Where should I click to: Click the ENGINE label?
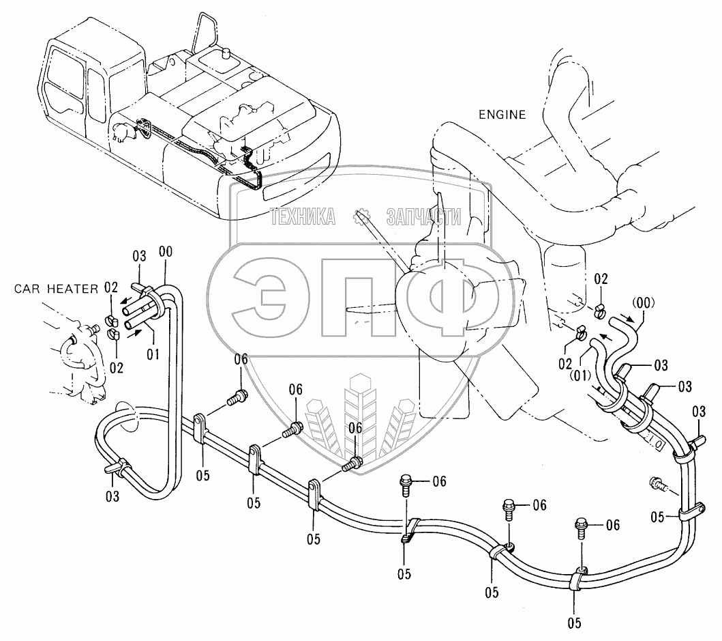pyautogui.click(x=501, y=115)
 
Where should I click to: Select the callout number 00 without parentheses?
pyautogui.click(x=166, y=253)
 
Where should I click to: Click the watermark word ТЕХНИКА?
pyautogui.click(x=304, y=217)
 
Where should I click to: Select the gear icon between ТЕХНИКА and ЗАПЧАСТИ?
pyautogui.click(x=361, y=217)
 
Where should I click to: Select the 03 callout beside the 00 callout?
pyautogui.click(x=139, y=257)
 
